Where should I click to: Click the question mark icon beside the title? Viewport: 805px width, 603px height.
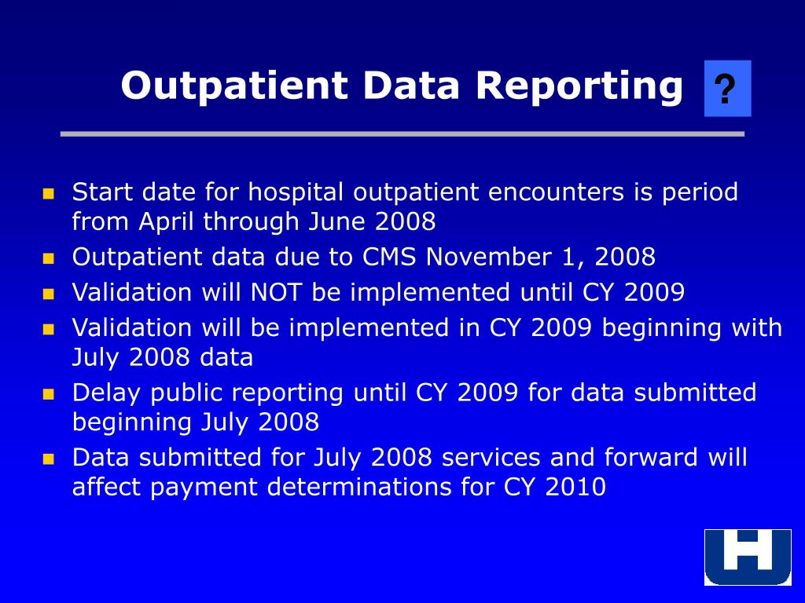coord(727,89)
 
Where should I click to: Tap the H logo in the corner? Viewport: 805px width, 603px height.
coord(747,557)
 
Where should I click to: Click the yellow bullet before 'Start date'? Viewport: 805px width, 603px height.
coord(49,193)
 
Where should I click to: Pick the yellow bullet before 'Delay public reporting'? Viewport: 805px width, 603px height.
coord(49,393)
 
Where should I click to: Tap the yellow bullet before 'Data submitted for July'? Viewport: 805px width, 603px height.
coord(49,459)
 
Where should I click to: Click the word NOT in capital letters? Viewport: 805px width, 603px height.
coord(278,293)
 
